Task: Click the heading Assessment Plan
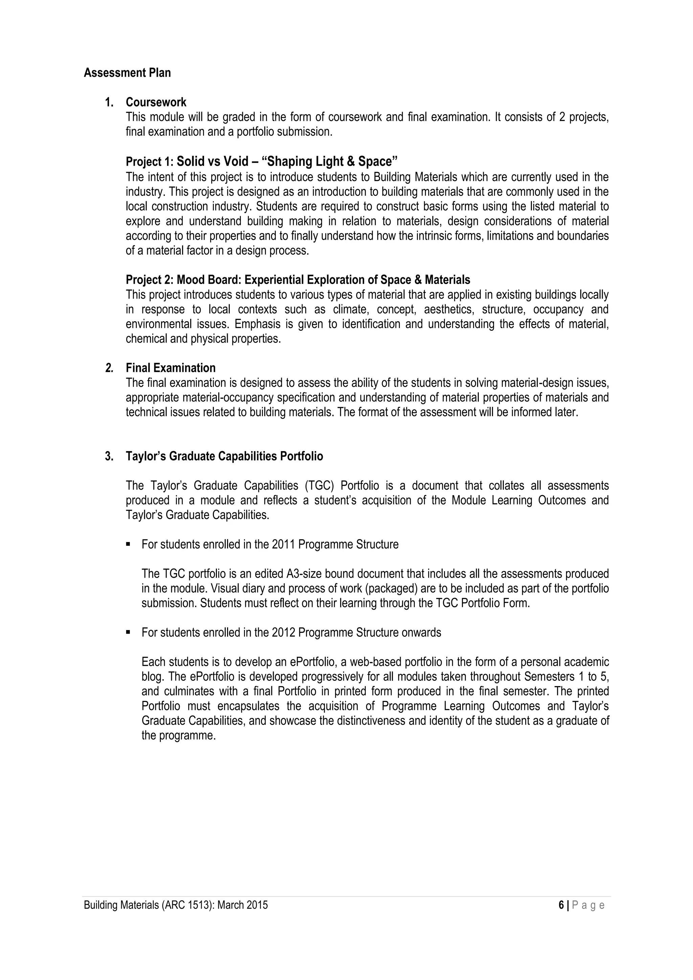click(x=127, y=73)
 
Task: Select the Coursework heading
click(x=156, y=102)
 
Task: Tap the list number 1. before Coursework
click(x=109, y=102)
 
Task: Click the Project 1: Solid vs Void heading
click(x=261, y=162)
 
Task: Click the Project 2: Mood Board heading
click(x=298, y=280)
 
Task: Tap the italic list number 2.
click(x=109, y=368)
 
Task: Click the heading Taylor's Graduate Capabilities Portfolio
click(x=224, y=456)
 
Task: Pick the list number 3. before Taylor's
click(x=109, y=456)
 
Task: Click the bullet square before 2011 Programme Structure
click(x=128, y=545)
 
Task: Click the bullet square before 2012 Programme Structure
click(x=128, y=633)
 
